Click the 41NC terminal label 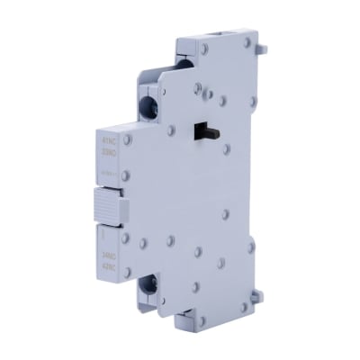coord(112,139)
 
